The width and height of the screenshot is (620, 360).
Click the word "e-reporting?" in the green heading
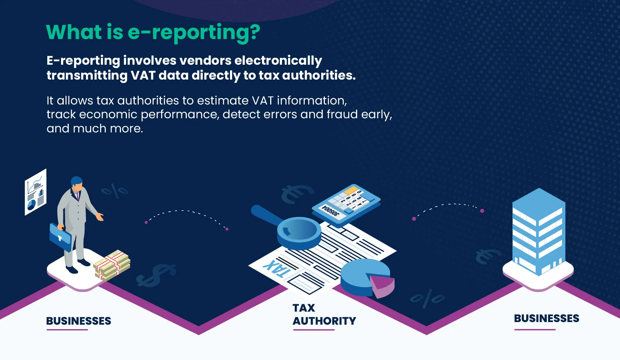coord(194,33)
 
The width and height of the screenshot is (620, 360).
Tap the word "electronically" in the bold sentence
coord(278,61)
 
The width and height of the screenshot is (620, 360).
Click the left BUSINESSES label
coord(79,321)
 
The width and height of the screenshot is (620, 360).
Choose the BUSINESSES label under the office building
coord(546,318)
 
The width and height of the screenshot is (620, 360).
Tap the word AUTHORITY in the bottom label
coord(324,321)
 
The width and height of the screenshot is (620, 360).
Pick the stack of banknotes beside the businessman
coord(112,265)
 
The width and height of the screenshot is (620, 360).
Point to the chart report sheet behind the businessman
coord(36,192)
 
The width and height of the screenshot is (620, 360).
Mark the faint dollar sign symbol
coord(156,275)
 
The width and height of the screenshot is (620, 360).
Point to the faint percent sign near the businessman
coord(115,191)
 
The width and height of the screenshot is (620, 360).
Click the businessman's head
coord(77,183)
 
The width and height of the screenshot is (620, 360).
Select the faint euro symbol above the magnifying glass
coord(297,194)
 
